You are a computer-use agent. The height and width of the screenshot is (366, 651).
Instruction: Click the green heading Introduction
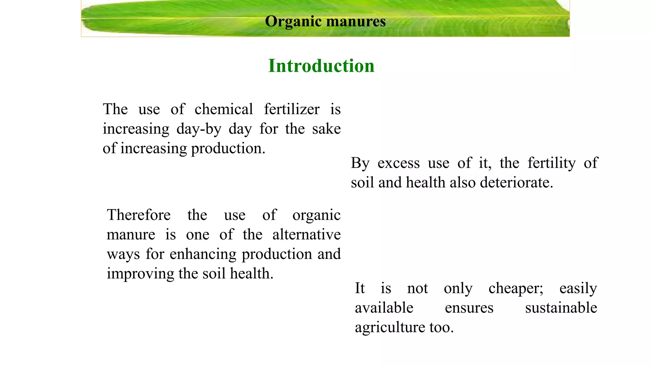point(321,66)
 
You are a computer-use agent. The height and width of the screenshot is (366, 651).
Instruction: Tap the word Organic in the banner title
point(293,22)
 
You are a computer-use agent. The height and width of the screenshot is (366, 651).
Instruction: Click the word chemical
point(224,109)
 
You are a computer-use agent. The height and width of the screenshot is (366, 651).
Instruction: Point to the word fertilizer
point(291,109)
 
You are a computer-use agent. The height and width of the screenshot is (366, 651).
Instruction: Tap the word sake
point(326,129)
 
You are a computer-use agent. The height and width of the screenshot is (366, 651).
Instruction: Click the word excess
point(399,163)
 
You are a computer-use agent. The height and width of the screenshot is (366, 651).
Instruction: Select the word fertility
point(552,163)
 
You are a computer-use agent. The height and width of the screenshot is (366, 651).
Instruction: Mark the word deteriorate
point(517,183)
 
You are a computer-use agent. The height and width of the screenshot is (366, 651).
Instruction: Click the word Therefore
point(139,215)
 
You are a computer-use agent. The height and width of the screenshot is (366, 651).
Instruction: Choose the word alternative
point(306,235)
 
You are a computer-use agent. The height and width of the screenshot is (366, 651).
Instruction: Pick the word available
point(384,308)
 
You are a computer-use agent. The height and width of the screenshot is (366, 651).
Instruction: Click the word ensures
point(469,308)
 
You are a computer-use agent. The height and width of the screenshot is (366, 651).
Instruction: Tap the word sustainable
point(561,308)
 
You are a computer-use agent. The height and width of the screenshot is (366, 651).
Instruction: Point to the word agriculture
point(390,328)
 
